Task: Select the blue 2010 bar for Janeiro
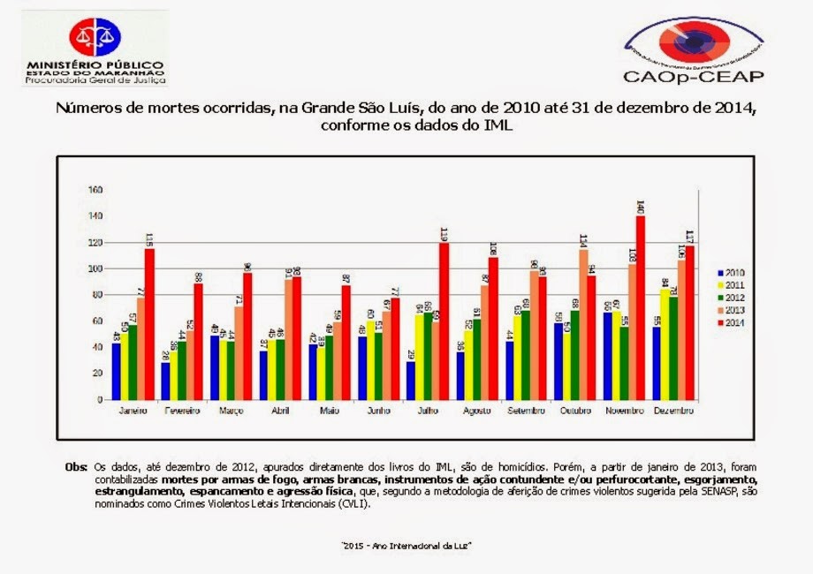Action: coord(117,371)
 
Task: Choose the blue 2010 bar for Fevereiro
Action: coord(165,381)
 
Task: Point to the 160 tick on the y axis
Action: coord(95,190)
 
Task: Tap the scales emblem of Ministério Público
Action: coord(95,36)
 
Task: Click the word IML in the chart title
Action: coord(497,126)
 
